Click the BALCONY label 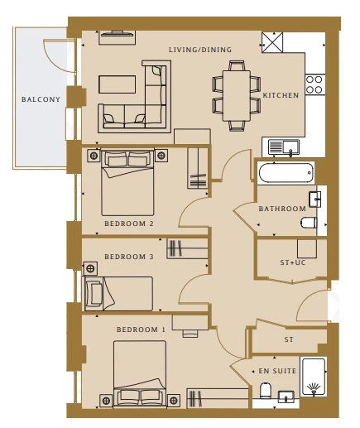click(41, 99)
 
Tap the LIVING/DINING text click(200, 50)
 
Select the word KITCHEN click(281, 95)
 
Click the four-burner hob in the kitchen click(314, 84)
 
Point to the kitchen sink click(284, 147)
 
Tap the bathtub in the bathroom click(286, 173)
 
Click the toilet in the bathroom click(309, 223)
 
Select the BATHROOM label click(282, 209)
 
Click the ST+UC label click(293, 262)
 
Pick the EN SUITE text click(277, 371)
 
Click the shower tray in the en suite click(314, 377)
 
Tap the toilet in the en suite click(266, 391)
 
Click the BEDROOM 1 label click(141, 329)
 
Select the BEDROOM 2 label click(129, 224)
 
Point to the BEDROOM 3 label click(129, 257)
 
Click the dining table click(237, 96)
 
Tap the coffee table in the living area click(118, 84)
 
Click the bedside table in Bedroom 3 click(90, 268)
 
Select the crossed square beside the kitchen click(272, 42)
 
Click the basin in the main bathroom click(314, 199)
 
